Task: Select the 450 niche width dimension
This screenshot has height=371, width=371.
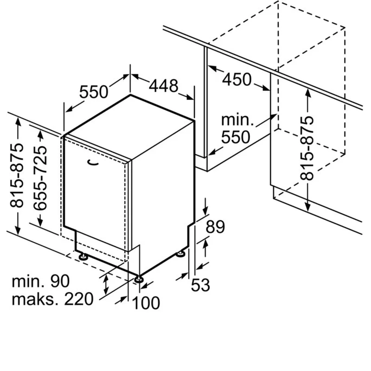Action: click(x=237, y=79)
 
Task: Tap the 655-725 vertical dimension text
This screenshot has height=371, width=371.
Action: click(x=40, y=178)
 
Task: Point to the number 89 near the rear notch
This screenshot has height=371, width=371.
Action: click(x=215, y=227)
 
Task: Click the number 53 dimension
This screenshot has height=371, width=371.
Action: click(x=200, y=285)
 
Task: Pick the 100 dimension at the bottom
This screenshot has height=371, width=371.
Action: click(x=146, y=303)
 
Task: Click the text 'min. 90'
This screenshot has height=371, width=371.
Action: click(x=41, y=281)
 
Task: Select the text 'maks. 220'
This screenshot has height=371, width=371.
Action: click(x=52, y=299)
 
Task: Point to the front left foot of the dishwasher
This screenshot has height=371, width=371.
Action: click(x=83, y=257)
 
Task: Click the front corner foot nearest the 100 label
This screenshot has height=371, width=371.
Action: click(x=138, y=280)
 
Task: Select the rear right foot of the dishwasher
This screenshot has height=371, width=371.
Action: click(x=181, y=254)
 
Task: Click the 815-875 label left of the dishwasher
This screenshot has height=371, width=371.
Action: click(x=17, y=175)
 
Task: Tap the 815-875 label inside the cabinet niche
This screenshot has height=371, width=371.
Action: click(x=307, y=148)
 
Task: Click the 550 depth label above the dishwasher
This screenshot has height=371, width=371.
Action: click(x=94, y=92)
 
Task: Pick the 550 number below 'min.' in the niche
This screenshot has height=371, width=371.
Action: click(x=236, y=137)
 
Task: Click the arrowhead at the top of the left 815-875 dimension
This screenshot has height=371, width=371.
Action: click(x=18, y=122)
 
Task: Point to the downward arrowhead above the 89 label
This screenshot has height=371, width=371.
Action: click(x=205, y=210)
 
